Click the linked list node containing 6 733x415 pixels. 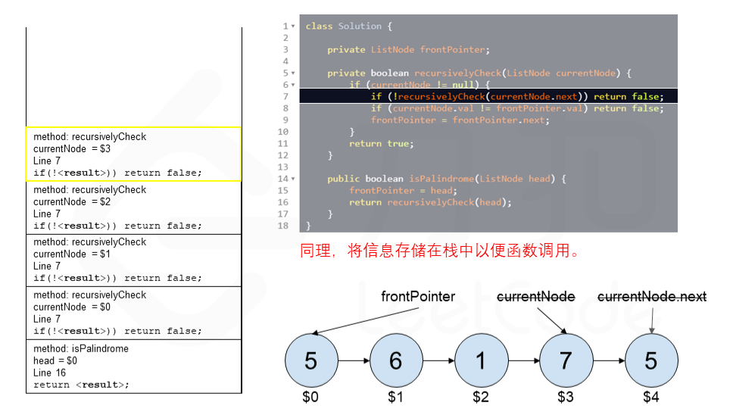[x=395, y=360]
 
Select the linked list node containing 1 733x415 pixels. [x=481, y=360]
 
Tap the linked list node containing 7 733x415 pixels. [x=566, y=360]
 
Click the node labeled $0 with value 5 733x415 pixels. [x=310, y=360]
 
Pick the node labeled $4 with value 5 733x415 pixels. [x=650, y=360]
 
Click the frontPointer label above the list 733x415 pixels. [x=418, y=297]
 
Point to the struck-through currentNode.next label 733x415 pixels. [x=652, y=297]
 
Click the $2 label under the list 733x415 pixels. [x=481, y=397]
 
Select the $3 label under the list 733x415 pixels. [x=566, y=397]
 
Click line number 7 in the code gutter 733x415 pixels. [x=285, y=97]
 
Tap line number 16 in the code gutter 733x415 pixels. [x=283, y=202]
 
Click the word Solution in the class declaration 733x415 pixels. [x=360, y=27]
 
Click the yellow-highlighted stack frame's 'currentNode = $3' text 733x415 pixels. [x=72, y=149]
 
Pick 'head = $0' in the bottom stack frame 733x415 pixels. [x=55, y=360]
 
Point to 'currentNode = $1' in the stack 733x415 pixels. [x=72, y=254]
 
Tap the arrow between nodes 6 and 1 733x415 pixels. [x=438, y=360]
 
